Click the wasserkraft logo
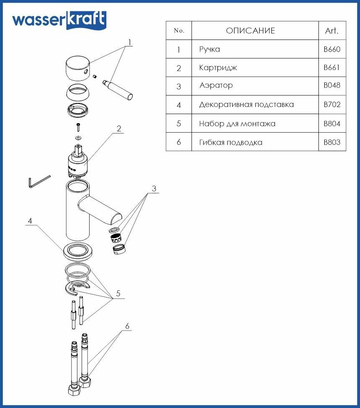pyautogui.click(x=59, y=20)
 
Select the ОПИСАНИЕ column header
pyautogui.click(x=250, y=31)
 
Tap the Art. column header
pyautogui.click(x=332, y=31)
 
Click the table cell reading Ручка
pyautogui.click(x=210, y=49)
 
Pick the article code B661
pyautogui.click(x=332, y=68)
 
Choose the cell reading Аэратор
pyautogui.click(x=216, y=86)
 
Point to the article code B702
pyautogui.click(x=332, y=105)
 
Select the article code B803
pyautogui.click(x=332, y=142)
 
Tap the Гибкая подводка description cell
pyautogui.click(x=231, y=142)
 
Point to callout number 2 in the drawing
pyautogui.click(x=119, y=128)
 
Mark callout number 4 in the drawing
pyautogui.click(x=30, y=221)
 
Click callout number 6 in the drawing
pyautogui.click(x=127, y=326)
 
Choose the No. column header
pyautogui.click(x=179, y=31)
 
